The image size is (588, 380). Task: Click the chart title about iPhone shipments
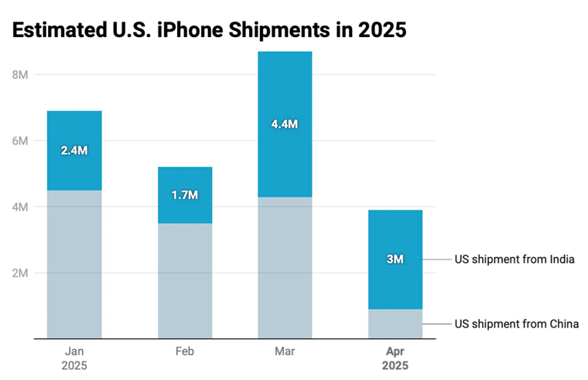pyautogui.click(x=209, y=30)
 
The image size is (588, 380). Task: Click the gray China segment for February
pyautogui.click(x=185, y=281)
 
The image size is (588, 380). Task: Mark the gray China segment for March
pyautogui.click(x=285, y=267)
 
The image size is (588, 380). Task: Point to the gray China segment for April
pyautogui.click(x=395, y=324)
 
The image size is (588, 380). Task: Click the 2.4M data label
pyautogui.click(x=74, y=151)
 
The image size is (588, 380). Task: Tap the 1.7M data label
pyautogui.click(x=185, y=195)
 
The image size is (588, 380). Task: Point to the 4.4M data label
pyautogui.click(x=285, y=124)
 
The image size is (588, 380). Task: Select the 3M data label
pyautogui.click(x=395, y=260)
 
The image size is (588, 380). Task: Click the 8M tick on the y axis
pyautogui.click(x=20, y=75)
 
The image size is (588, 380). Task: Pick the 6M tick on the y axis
pyautogui.click(x=20, y=141)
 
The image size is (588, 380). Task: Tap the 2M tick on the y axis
pyautogui.click(x=20, y=273)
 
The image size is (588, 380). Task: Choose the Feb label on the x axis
pyautogui.click(x=185, y=351)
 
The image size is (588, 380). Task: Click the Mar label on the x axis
pyautogui.click(x=285, y=351)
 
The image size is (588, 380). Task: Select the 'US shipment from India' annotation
pyautogui.click(x=514, y=260)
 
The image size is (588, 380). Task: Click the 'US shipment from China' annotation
pyautogui.click(x=516, y=324)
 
